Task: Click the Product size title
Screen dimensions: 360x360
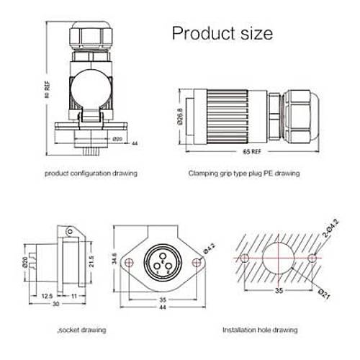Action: (222, 32)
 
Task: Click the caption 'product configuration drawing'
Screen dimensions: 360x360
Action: (91, 174)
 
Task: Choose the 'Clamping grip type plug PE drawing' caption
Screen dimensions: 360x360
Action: (244, 174)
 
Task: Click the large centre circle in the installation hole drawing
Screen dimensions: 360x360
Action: (277, 258)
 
